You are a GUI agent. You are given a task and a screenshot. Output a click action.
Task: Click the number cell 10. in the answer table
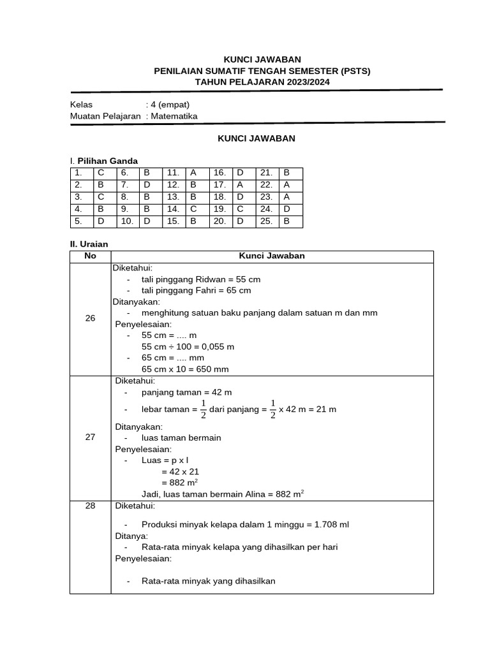pyautogui.click(x=128, y=221)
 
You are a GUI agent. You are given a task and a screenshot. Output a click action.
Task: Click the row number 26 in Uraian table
pyautogui.click(x=90, y=318)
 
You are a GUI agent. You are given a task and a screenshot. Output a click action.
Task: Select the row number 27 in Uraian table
pyautogui.click(x=90, y=437)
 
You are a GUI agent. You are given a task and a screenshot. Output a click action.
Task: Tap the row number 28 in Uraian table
pyautogui.click(x=90, y=506)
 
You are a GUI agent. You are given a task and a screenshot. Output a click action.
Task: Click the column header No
pyautogui.click(x=90, y=256)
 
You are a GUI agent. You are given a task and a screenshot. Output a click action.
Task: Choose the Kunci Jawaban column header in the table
pyautogui.click(x=272, y=256)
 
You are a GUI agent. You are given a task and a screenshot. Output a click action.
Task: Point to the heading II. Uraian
pyautogui.click(x=89, y=244)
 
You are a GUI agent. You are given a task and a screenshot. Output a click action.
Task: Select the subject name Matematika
pyautogui.click(x=174, y=116)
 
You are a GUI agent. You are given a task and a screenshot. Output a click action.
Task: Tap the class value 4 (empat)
pyautogui.click(x=170, y=105)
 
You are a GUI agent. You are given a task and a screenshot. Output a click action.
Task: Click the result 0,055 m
pyautogui.click(x=216, y=346)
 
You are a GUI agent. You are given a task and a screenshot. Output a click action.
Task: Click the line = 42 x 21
pyautogui.click(x=181, y=471)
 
